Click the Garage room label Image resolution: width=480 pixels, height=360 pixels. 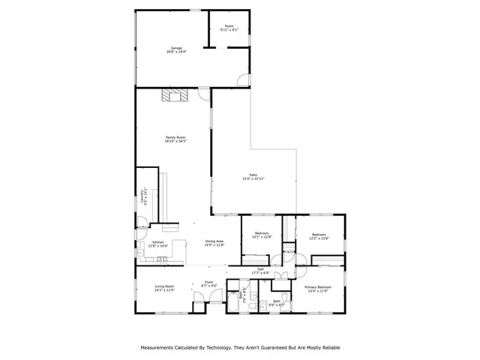click(x=176, y=50)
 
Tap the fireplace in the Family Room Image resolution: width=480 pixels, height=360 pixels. click(x=175, y=94)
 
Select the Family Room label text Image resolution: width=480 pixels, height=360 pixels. click(x=175, y=139)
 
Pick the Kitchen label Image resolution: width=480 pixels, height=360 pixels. click(x=158, y=244)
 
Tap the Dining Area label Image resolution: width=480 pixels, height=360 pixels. click(x=214, y=243)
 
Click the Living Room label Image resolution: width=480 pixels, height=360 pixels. click(x=165, y=287)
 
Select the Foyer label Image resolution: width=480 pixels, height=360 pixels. click(x=208, y=284)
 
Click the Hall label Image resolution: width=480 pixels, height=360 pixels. click(x=260, y=271)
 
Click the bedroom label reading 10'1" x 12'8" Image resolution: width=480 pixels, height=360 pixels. click(x=261, y=235)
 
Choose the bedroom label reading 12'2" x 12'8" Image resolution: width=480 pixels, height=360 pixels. click(x=319, y=235)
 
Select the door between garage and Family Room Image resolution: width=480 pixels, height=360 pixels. click(x=203, y=92)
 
